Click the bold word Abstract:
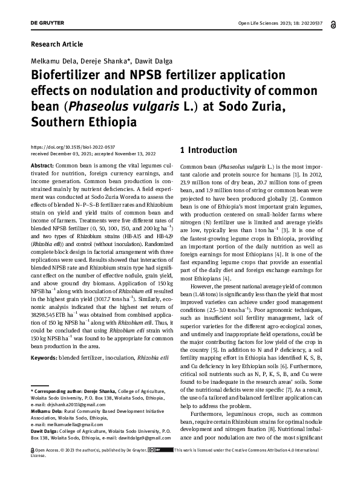41,166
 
